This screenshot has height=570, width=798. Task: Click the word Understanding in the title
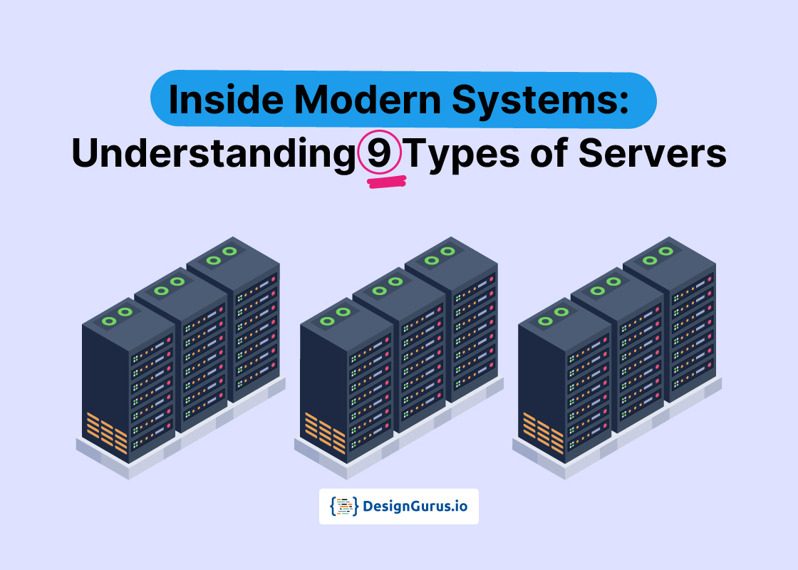click(x=212, y=155)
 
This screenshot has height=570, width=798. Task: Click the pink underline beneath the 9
click(x=386, y=183)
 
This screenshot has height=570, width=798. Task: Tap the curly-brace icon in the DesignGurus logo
click(x=344, y=507)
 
